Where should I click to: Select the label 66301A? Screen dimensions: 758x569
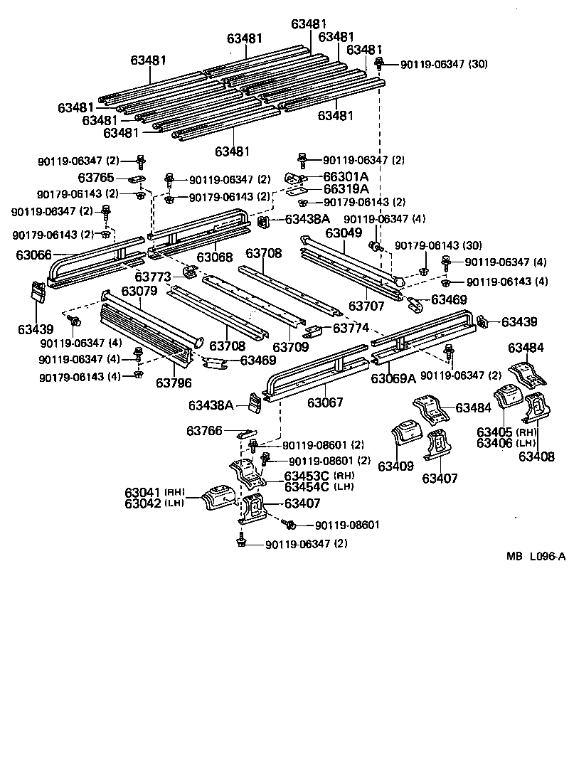[x=346, y=176]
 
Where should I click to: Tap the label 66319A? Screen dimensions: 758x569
[x=346, y=189]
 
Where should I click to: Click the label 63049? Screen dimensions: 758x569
[x=344, y=233]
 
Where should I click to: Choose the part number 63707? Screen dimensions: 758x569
[x=366, y=306]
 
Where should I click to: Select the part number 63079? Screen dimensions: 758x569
[x=139, y=292]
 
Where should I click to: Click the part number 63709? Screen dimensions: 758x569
[x=292, y=348]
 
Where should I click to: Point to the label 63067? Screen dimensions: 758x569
[x=325, y=402]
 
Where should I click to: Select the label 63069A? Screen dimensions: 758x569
[x=393, y=378]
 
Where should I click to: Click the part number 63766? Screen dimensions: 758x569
[x=205, y=431]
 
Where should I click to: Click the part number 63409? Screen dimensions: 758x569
[x=395, y=466]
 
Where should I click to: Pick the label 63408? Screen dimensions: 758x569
[x=536, y=457]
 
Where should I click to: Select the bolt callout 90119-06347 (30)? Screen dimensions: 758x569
[x=444, y=64]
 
